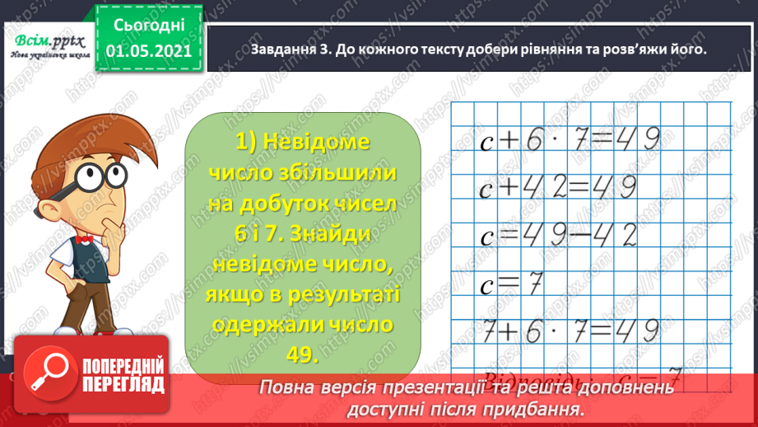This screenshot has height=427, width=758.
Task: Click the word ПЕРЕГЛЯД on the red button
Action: click(x=122, y=385)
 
